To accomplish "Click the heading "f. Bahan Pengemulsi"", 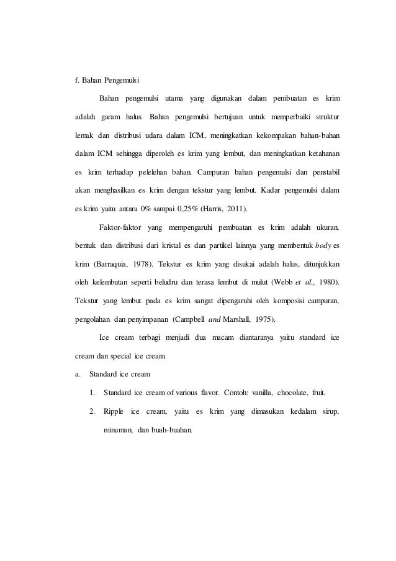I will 104,81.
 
